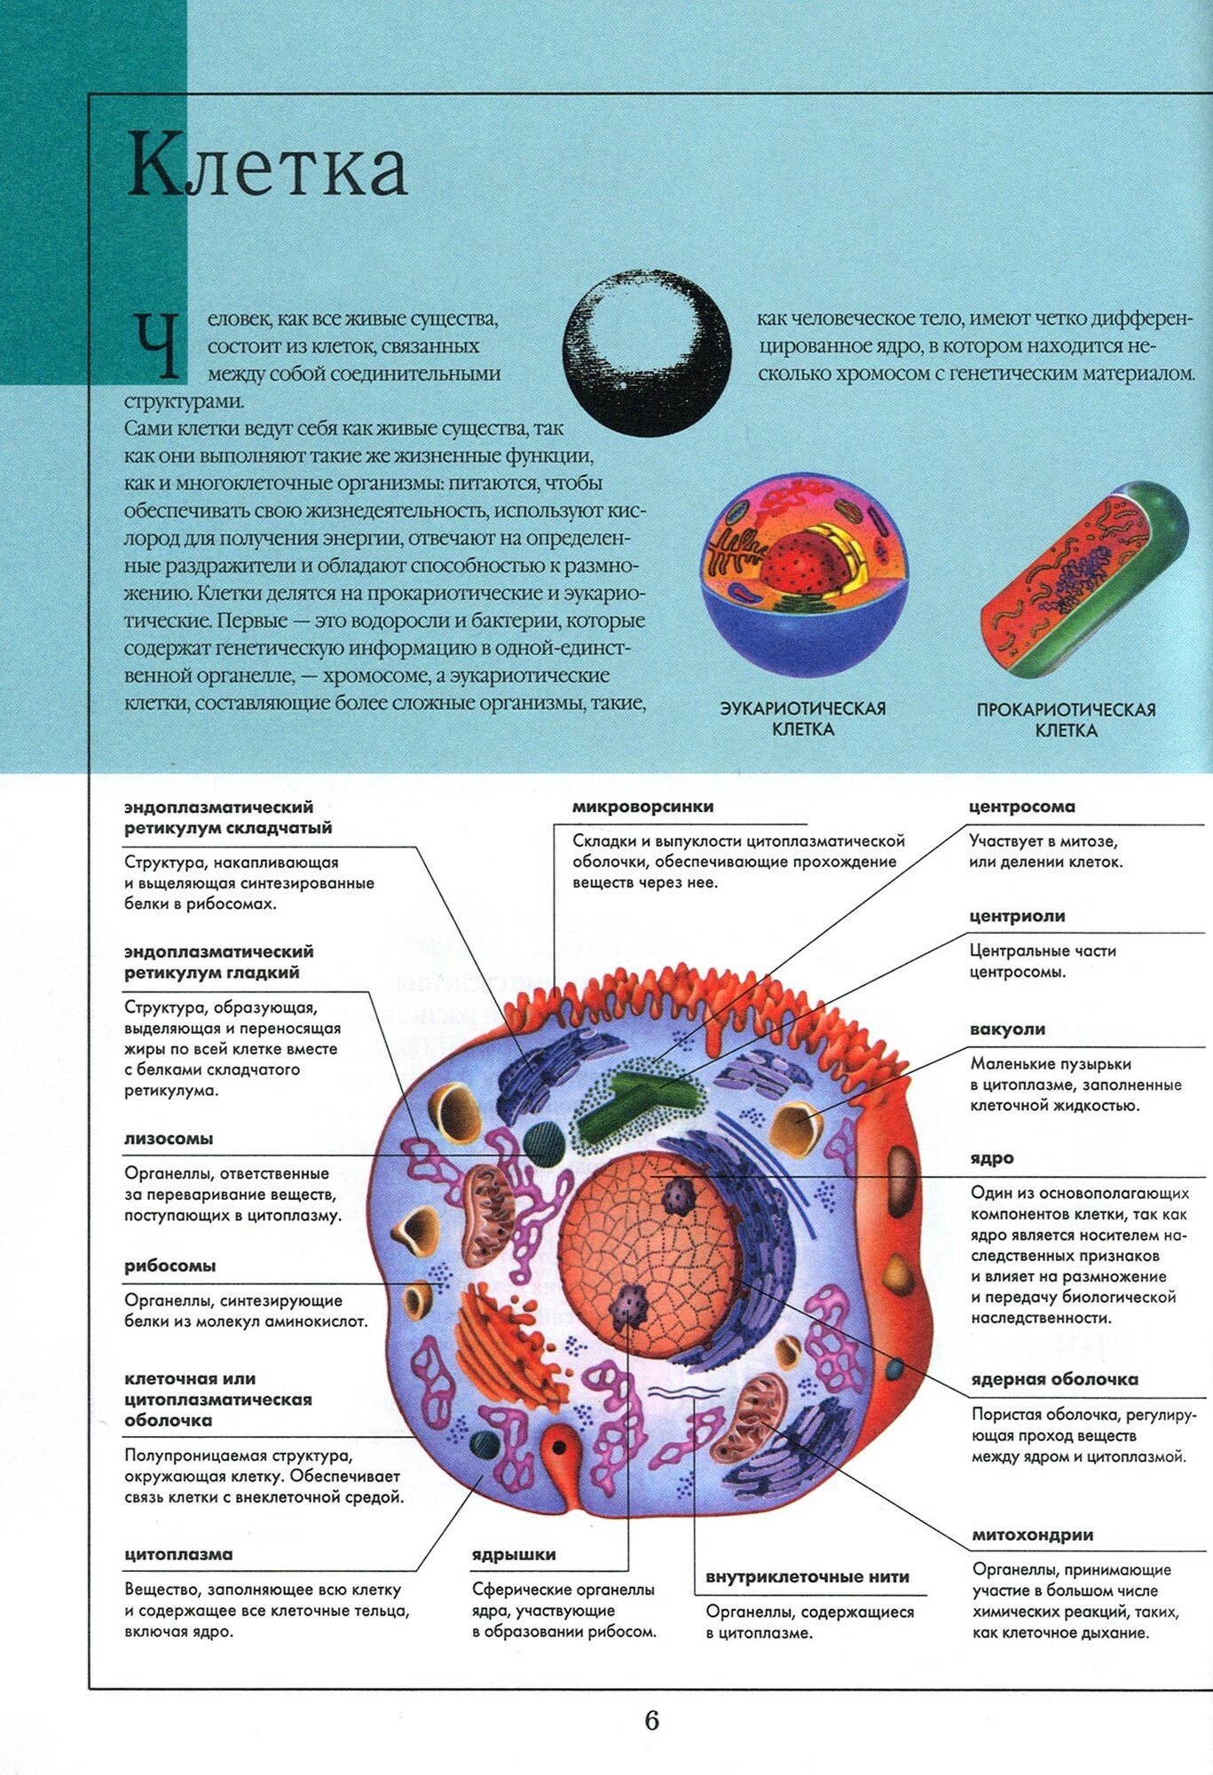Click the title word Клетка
coord(267,166)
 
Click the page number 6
coord(651,1720)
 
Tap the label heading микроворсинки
coord(642,807)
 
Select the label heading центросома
coord(1021,807)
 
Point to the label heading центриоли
coord(1017,916)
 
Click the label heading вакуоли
coord(1007,1029)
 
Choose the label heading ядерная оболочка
coord(1054,1379)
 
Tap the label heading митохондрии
coord(1032,1534)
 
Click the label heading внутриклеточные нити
coord(807,1576)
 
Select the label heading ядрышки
coord(514,1554)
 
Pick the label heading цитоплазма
coord(178,1554)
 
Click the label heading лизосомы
coord(169,1139)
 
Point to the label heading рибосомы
coord(169,1266)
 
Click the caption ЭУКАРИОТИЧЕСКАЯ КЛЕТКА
coord(802,718)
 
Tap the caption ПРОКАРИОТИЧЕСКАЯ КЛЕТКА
coord(1066,720)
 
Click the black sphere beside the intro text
coord(647,353)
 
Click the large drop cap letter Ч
coord(157,343)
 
